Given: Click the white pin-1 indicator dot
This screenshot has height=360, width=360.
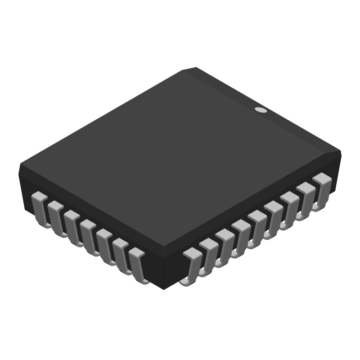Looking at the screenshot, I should [x=261, y=109].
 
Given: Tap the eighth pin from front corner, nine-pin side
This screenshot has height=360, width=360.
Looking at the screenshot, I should [x=305, y=199].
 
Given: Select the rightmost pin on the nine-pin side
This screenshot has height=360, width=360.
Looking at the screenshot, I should [x=322, y=189].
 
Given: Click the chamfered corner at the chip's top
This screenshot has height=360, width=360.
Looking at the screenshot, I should [x=189, y=69].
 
